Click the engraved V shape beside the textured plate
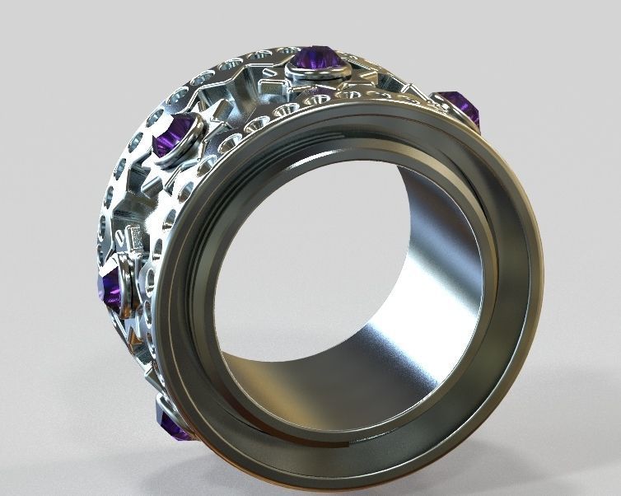119,239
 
